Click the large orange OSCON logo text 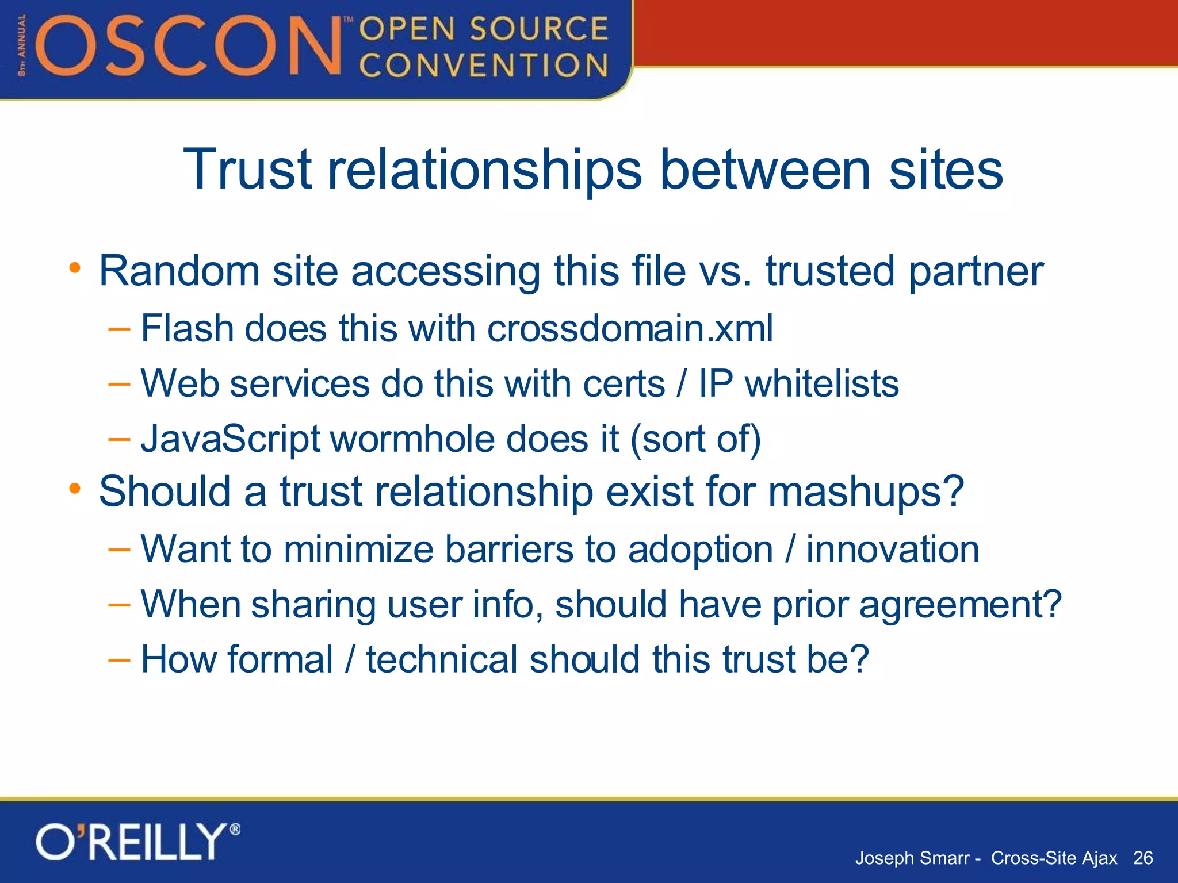pos(190,46)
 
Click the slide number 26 pos(1142,858)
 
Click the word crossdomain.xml pos(630,329)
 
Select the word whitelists pos(821,383)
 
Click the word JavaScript pos(230,439)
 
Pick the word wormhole pos(412,439)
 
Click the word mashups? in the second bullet pos(866,492)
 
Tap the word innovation pos(892,549)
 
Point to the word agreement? pos(960,605)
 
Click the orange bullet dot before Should pos(75,489)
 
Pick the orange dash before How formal pos(119,659)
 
